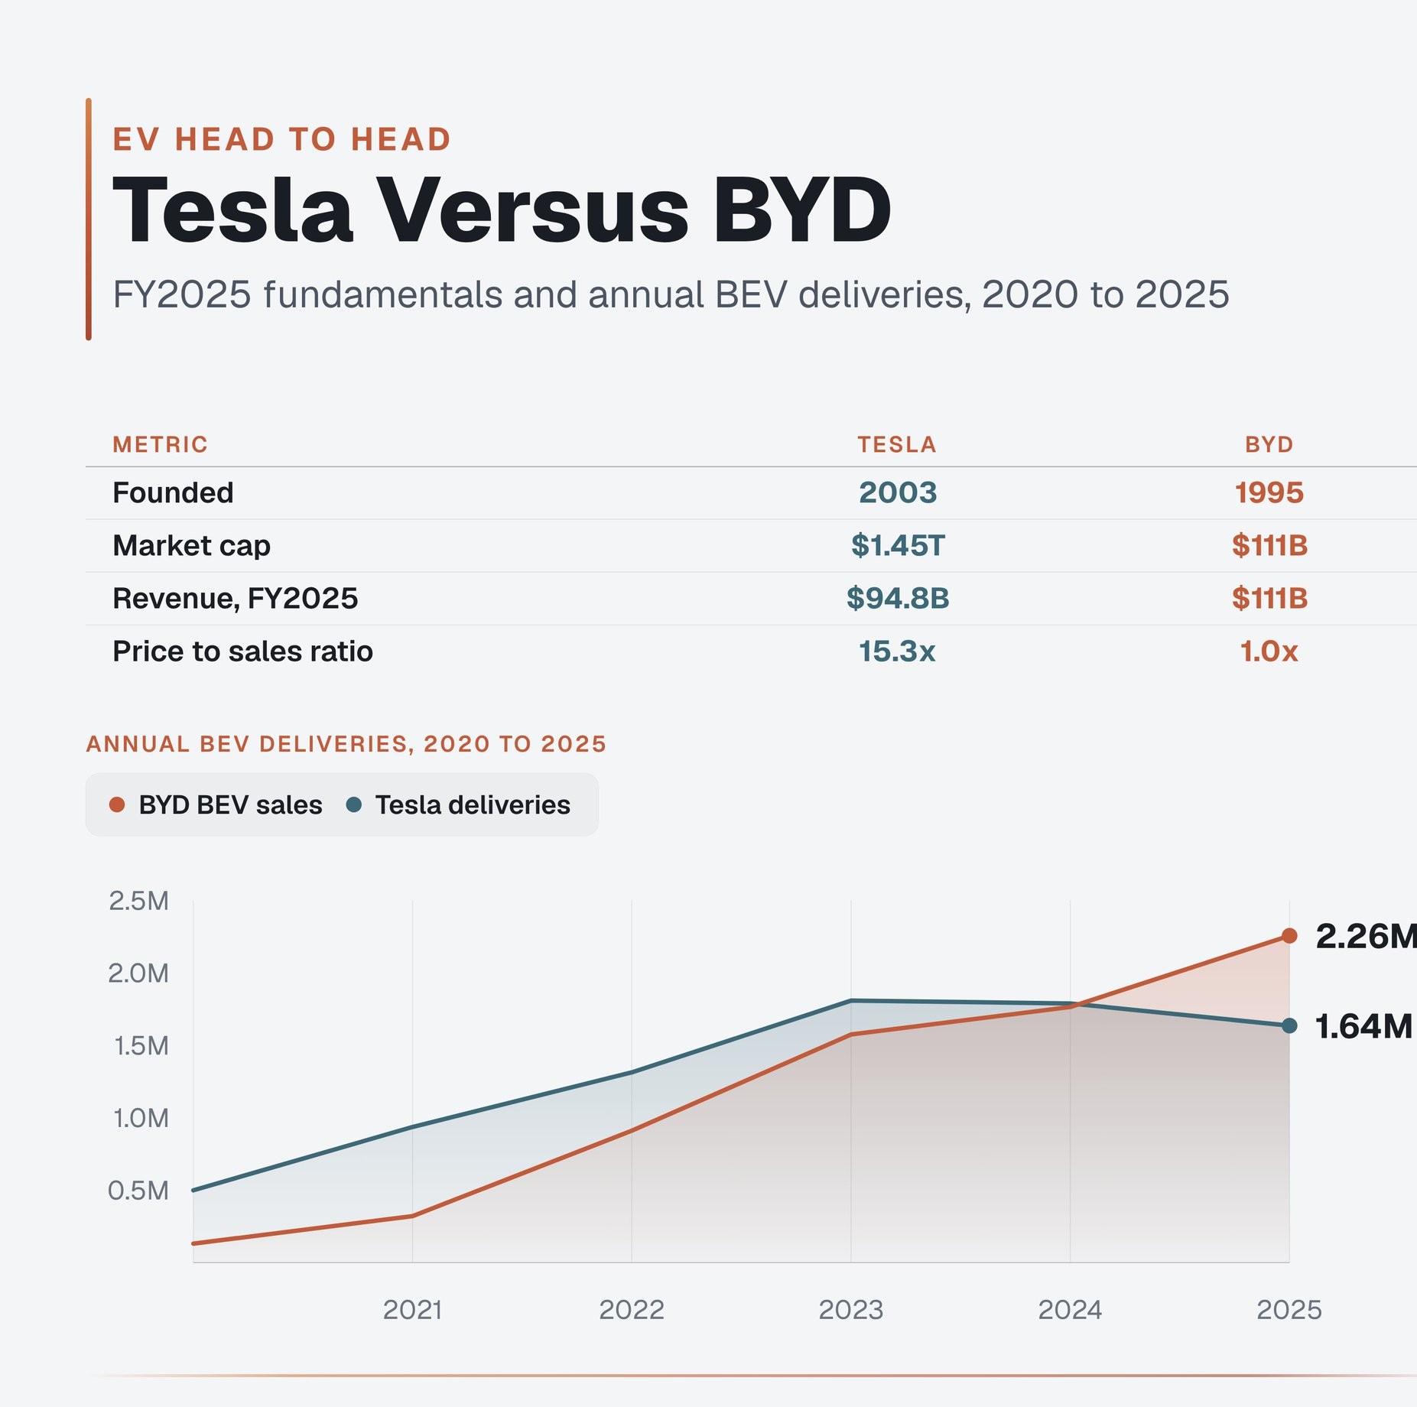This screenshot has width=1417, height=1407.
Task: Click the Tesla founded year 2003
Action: click(x=898, y=492)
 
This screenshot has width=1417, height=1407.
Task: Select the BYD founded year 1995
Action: click(x=1269, y=492)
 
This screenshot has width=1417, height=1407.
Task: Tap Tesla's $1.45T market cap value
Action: click(x=898, y=545)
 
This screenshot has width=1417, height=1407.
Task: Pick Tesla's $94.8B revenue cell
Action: click(x=898, y=598)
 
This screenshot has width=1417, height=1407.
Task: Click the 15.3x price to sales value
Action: click(x=897, y=651)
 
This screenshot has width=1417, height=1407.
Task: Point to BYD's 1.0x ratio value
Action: click(x=1269, y=651)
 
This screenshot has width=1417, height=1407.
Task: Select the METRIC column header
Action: click(x=160, y=444)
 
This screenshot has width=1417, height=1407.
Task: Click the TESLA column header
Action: click(x=897, y=444)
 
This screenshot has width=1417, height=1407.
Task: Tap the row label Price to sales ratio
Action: click(x=242, y=651)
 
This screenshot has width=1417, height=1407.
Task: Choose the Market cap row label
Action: click(x=191, y=545)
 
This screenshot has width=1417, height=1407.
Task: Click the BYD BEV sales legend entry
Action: click(x=216, y=804)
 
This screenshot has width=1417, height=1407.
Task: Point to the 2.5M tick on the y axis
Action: click(x=138, y=901)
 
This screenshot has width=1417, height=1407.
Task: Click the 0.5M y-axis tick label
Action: click(x=138, y=1190)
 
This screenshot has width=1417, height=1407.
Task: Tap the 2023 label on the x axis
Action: click(x=851, y=1310)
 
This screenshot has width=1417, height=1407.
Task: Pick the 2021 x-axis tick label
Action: click(x=412, y=1310)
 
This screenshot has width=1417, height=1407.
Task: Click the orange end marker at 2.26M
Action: click(x=1289, y=936)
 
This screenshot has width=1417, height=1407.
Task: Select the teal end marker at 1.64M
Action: click(x=1289, y=1026)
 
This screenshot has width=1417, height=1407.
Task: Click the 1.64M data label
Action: click(x=1363, y=1026)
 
